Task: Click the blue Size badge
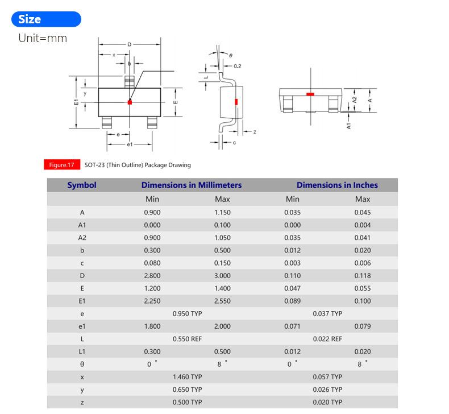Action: [x=46, y=19]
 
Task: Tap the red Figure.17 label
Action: [x=61, y=165]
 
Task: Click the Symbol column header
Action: [x=82, y=185]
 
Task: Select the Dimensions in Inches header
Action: [x=336, y=185]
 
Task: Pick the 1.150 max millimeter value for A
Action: [x=222, y=212]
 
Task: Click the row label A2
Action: [x=82, y=238]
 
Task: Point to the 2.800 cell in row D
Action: [x=152, y=276]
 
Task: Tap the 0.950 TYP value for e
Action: [x=187, y=313]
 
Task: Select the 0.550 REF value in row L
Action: [x=187, y=339]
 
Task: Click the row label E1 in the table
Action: [x=82, y=301]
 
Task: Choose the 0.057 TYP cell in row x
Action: [x=327, y=376]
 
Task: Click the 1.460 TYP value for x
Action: [x=187, y=376]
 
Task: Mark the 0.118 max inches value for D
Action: [x=363, y=276]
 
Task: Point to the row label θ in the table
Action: [x=82, y=364]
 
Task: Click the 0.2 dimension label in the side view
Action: [x=237, y=67]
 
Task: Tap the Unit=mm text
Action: [x=43, y=38]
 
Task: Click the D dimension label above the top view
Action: [x=130, y=44]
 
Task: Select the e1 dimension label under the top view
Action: [x=130, y=145]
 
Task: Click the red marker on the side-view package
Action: [x=236, y=102]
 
